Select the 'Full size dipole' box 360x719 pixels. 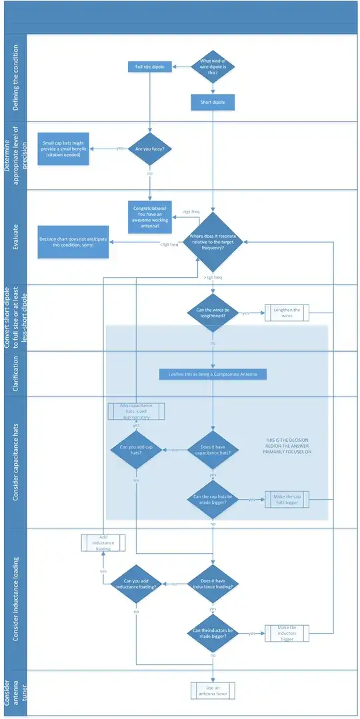[150, 67]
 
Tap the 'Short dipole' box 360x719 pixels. [213, 103]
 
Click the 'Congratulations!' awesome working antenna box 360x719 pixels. [151, 217]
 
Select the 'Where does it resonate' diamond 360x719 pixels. [213, 242]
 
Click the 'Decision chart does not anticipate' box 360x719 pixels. [66, 242]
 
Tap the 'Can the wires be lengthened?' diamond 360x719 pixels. [213, 313]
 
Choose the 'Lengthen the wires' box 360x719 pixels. [287, 313]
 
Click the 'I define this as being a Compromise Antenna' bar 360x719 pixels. [213, 374]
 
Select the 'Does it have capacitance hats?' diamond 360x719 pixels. [213, 450]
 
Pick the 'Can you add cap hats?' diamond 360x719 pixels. [136, 450]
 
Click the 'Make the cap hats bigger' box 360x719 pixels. [287, 499]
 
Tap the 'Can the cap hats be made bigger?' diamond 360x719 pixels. [213, 499]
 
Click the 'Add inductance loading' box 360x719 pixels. [103, 542]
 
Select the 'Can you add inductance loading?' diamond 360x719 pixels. [136, 584]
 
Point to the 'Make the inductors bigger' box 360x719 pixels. [287, 633]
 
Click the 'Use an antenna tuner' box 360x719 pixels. [213, 690]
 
